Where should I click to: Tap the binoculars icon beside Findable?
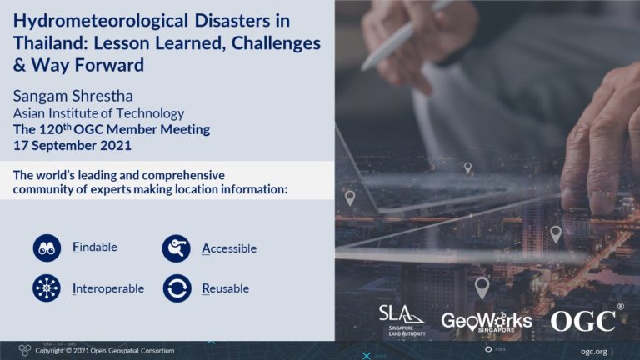click(x=47, y=247)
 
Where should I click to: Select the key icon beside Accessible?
click(x=177, y=247)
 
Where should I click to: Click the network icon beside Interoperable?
click(x=47, y=288)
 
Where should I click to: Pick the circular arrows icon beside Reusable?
click(x=177, y=288)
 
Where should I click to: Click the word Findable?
click(x=95, y=247)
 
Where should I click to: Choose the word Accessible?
click(x=229, y=248)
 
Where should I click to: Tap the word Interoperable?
click(x=108, y=289)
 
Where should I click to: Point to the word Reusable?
click(x=225, y=289)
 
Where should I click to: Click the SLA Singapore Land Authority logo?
click(x=402, y=318)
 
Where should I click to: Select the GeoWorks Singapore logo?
click(x=486, y=320)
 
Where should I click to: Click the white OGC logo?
click(x=583, y=319)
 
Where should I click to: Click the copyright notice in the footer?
click(x=104, y=351)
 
